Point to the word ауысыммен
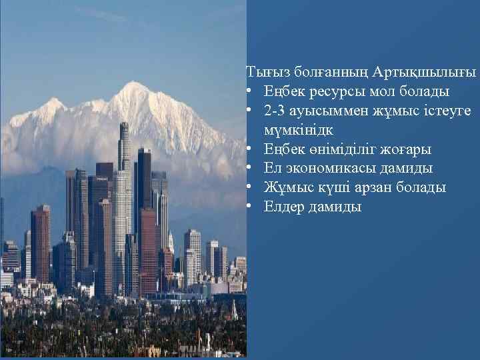point(323,110)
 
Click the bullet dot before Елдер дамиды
point(249,207)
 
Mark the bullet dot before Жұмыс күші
point(249,187)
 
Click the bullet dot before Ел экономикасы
point(249,168)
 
